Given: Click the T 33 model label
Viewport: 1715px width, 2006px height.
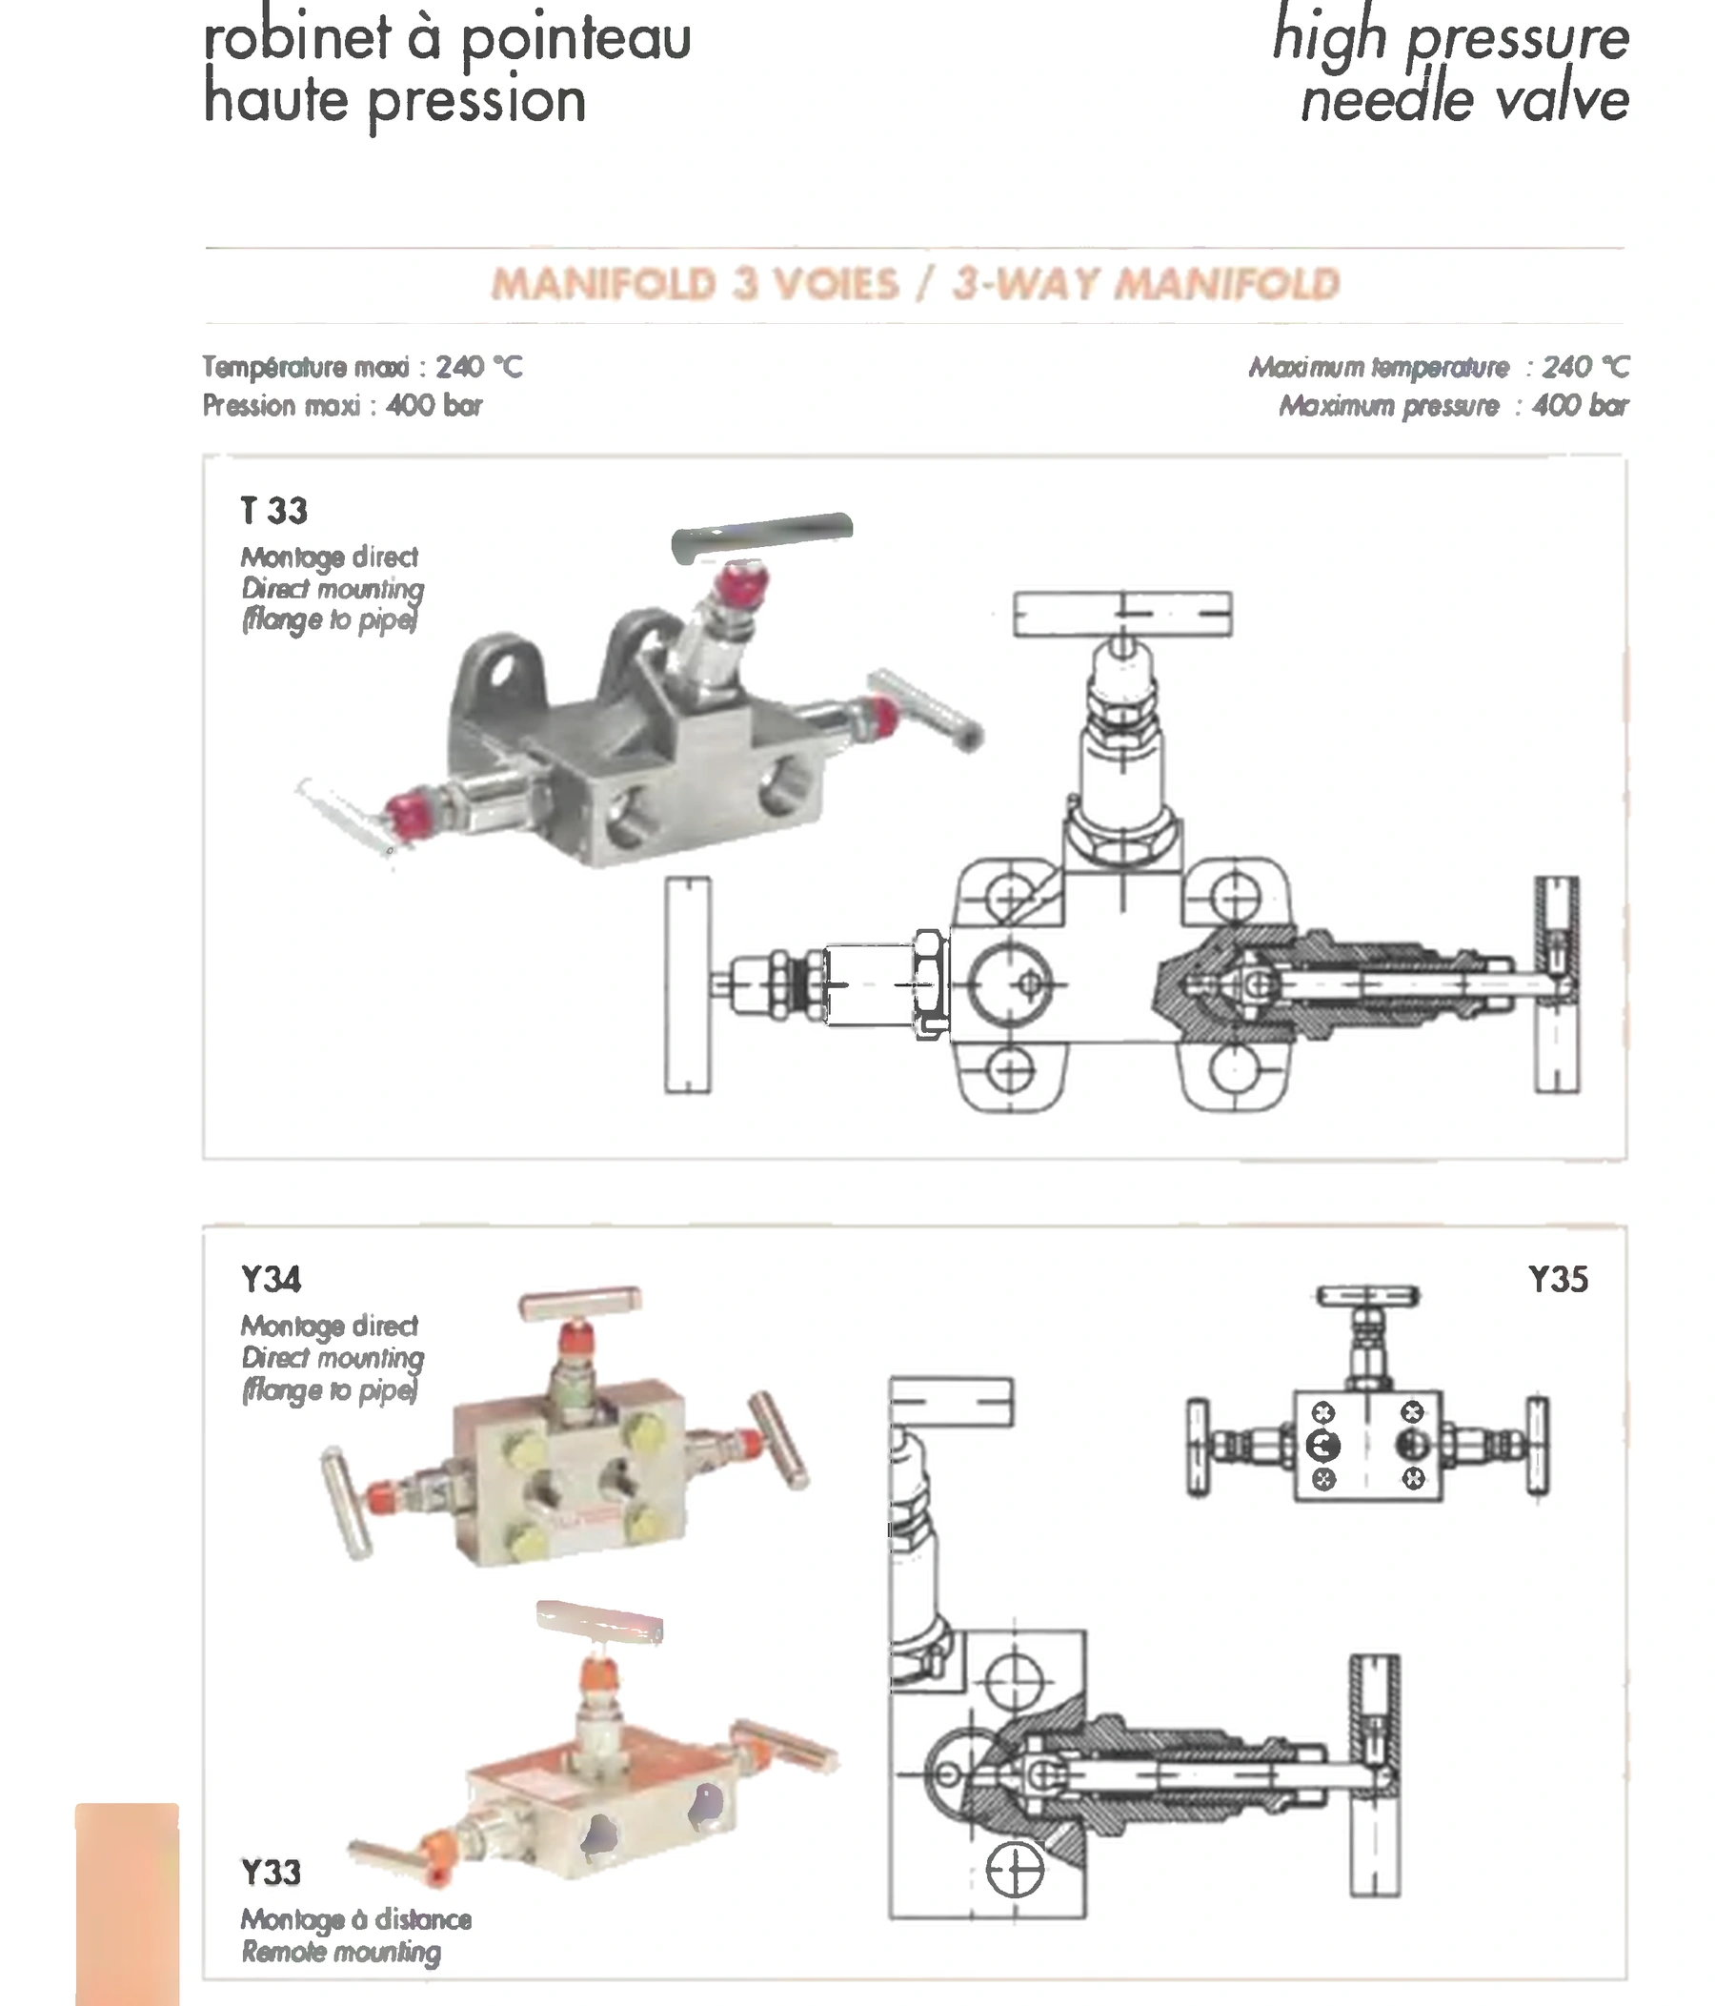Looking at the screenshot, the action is pos(273,510).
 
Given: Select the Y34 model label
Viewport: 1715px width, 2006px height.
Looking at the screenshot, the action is pos(271,1279).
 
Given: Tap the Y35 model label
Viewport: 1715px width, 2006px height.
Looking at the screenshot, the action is pos(1558,1279).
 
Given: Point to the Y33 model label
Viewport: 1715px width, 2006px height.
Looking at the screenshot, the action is pos(271,1873).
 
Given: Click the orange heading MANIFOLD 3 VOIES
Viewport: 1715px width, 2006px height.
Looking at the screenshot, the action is pos(695,285).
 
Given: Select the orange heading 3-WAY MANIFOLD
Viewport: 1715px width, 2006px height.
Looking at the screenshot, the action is pos(1146,285).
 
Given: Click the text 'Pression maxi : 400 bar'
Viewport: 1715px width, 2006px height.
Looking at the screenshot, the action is pos(343,405).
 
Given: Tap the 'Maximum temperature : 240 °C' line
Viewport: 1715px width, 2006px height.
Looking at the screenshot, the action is pos(1439,367).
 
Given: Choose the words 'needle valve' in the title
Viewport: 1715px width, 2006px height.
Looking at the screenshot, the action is pos(1465,101).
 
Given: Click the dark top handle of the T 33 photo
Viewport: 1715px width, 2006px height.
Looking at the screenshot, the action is pos(761,537).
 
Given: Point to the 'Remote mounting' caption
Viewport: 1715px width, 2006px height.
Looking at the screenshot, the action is pos(341,1953).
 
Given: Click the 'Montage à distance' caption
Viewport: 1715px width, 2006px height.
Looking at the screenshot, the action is pos(356,1919).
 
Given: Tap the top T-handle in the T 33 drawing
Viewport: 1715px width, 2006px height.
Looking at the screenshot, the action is pos(1122,614).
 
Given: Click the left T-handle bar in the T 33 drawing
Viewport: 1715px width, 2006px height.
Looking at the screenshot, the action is pos(687,984).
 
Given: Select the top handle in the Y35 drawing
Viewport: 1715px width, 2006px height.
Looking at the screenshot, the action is pos(1367,1296).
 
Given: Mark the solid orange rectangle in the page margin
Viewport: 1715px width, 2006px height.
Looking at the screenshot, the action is pos(127,1903).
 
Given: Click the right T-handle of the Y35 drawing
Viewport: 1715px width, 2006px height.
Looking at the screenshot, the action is pos(1537,1448).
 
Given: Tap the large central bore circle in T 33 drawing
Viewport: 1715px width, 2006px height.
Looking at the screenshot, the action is pos(1010,984).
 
